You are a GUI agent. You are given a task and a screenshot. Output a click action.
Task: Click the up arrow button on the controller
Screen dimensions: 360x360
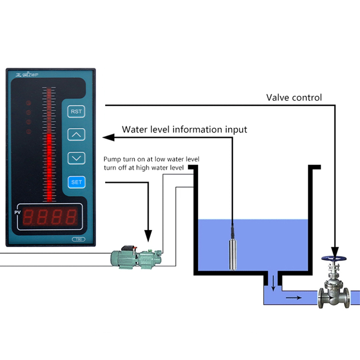click(x=76, y=134)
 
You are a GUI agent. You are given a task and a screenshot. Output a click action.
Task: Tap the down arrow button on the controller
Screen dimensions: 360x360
click(x=76, y=157)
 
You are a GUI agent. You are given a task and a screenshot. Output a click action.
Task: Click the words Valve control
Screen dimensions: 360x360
click(x=294, y=97)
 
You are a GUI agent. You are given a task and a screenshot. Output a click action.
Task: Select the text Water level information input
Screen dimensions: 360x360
click(x=184, y=130)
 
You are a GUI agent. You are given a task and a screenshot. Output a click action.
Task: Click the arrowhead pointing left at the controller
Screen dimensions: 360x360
click(x=108, y=138)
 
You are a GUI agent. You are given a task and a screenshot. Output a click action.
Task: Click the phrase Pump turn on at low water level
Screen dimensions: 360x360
click(x=151, y=159)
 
